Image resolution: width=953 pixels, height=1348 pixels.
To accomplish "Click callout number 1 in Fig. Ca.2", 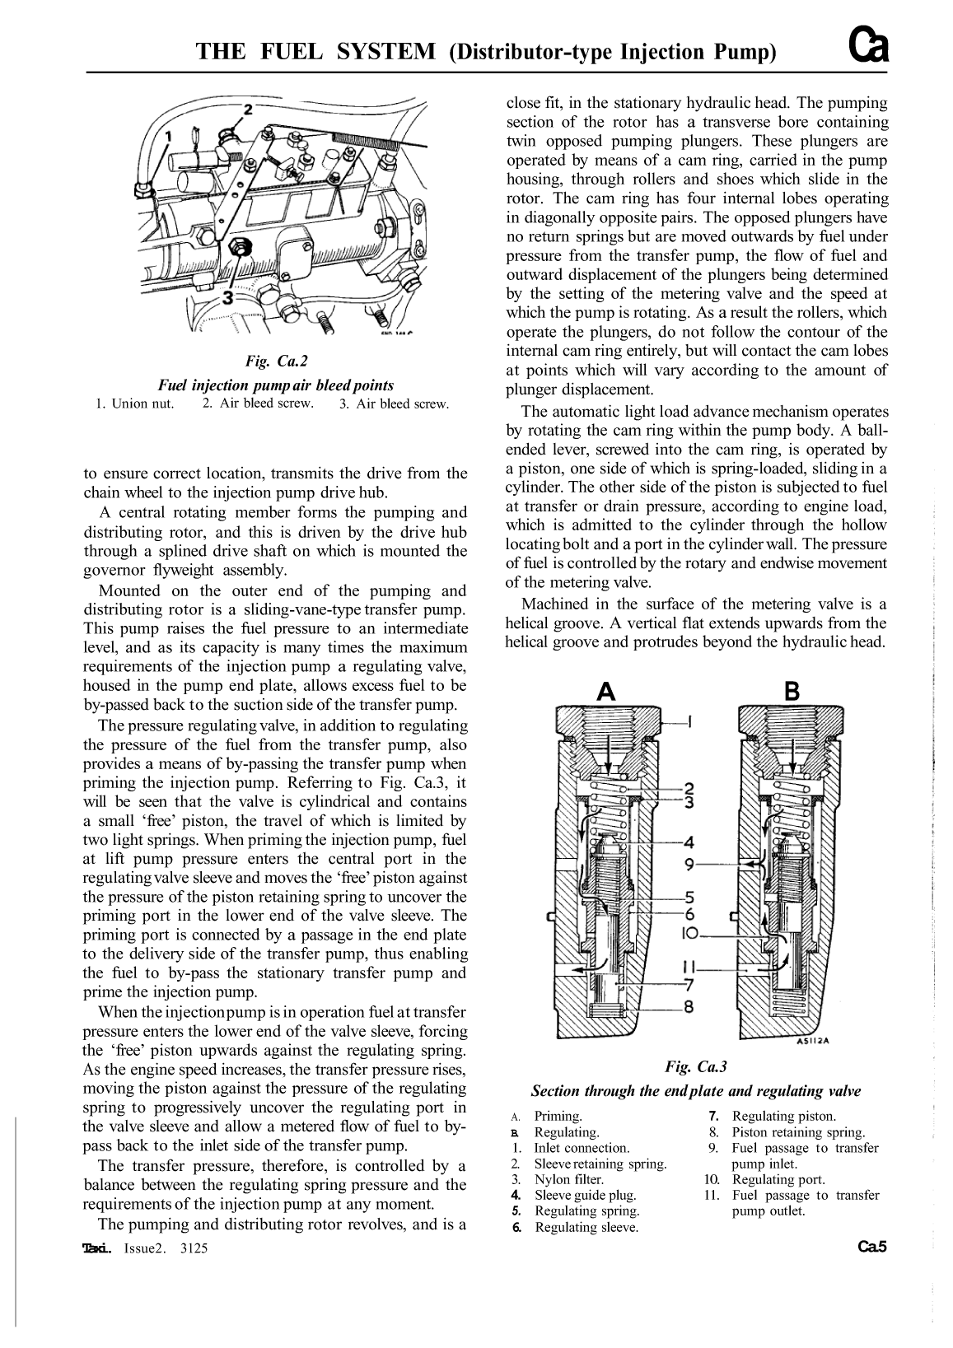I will click(x=169, y=133).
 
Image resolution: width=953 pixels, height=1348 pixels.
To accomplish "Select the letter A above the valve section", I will click(x=607, y=692).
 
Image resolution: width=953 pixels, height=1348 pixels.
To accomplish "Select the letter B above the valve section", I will click(x=792, y=692).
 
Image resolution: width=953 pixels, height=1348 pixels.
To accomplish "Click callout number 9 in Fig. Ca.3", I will click(x=689, y=865).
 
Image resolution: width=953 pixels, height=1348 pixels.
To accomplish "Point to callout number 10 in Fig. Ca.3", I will click(x=689, y=933).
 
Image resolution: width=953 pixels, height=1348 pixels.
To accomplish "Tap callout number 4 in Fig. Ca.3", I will click(x=689, y=842).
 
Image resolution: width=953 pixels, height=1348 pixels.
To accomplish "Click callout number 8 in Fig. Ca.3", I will click(x=689, y=1006).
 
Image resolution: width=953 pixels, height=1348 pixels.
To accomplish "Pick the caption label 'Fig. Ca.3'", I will click(x=696, y=1067).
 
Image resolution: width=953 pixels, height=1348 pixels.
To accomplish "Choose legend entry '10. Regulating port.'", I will click(x=766, y=1179).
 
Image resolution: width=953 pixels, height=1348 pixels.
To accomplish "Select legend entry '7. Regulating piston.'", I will click(x=773, y=1117).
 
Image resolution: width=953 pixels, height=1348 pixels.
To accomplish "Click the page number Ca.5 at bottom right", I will click(x=871, y=1247).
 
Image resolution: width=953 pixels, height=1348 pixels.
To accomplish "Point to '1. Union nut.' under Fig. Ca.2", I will click(x=135, y=403).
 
